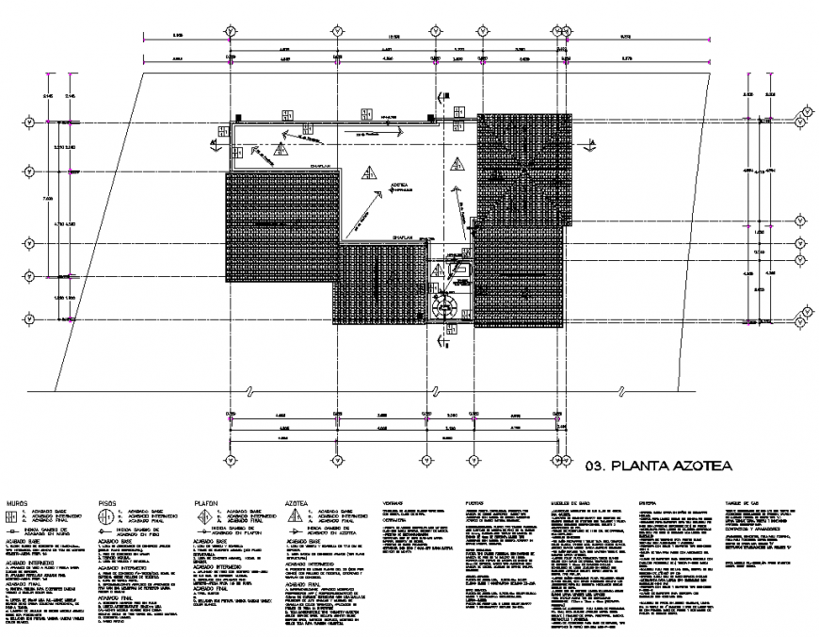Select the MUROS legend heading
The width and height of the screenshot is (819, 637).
[18, 504]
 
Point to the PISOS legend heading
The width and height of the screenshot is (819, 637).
[110, 504]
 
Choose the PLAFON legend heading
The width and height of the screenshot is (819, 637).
[207, 504]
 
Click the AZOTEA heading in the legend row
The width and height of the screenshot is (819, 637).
[298, 504]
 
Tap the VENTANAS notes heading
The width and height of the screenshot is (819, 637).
[394, 505]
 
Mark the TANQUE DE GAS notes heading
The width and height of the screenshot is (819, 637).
[742, 505]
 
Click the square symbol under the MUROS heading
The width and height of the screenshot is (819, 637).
[13, 516]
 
